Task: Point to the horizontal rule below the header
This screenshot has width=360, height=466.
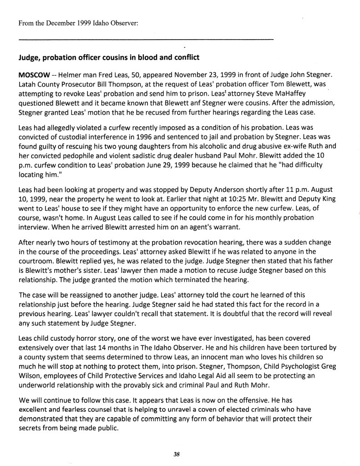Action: (146, 40)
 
